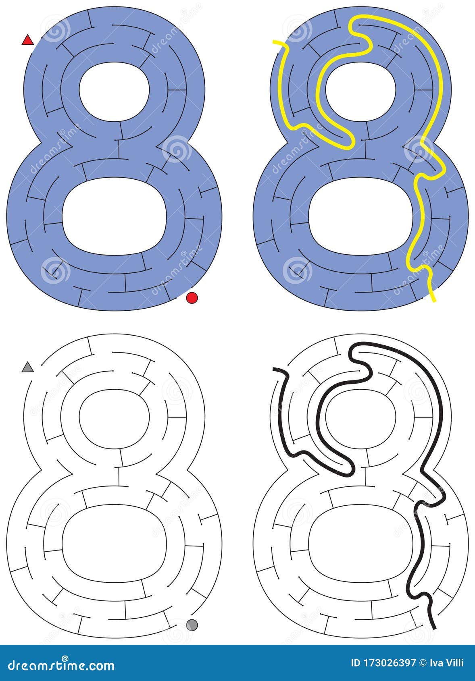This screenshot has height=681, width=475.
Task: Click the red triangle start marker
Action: click(27, 40)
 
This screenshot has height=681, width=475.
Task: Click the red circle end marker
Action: click(192, 298)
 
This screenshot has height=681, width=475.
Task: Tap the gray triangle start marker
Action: click(27, 367)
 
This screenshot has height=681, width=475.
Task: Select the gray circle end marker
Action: click(192, 625)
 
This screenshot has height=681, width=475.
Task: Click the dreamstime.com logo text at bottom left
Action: click(58, 665)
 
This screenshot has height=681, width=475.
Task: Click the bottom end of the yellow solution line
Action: click(434, 300)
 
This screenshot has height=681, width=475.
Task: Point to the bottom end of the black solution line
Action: click(434, 627)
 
